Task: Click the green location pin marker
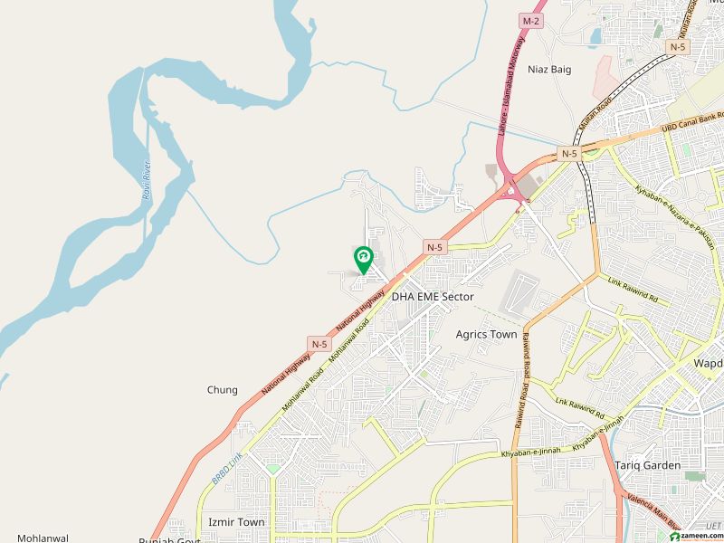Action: [362, 260]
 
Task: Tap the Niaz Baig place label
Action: [550, 70]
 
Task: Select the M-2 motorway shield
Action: [529, 20]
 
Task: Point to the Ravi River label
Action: [146, 180]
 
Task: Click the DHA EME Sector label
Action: [433, 296]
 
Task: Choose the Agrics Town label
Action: [487, 334]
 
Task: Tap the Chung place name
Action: [223, 390]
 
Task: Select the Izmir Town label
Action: [236, 522]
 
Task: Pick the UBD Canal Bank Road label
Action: [691, 121]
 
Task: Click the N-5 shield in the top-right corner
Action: [678, 45]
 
